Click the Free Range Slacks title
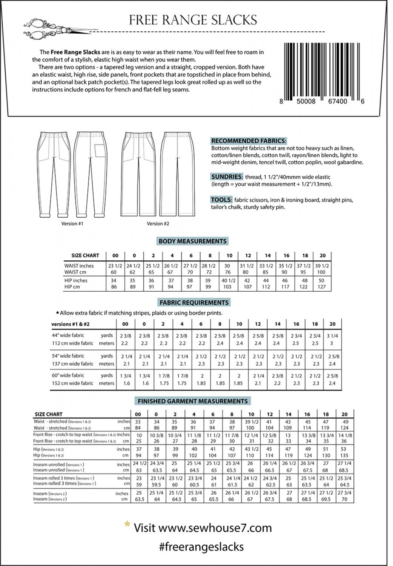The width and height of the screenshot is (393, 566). [x=193, y=20]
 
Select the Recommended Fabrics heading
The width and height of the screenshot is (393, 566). [x=249, y=141]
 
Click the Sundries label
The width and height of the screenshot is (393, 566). [x=227, y=177]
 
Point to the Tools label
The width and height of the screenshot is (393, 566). [x=221, y=200]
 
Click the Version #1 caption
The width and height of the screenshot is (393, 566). [x=72, y=224]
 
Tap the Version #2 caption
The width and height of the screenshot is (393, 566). [x=158, y=224]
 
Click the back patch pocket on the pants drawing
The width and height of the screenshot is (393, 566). [x=100, y=150]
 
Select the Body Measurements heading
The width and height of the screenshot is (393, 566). [x=192, y=241]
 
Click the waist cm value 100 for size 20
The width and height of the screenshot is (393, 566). [x=321, y=272]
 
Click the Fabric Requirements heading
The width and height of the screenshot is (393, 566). [x=194, y=303]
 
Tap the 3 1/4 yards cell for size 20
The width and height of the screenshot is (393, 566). [x=332, y=336]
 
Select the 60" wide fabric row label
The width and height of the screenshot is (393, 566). [x=68, y=375]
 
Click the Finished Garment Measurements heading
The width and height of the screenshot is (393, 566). [x=192, y=401]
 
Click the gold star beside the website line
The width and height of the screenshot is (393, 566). [x=127, y=524]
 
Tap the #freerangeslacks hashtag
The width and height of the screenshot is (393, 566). [x=201, y=547]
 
